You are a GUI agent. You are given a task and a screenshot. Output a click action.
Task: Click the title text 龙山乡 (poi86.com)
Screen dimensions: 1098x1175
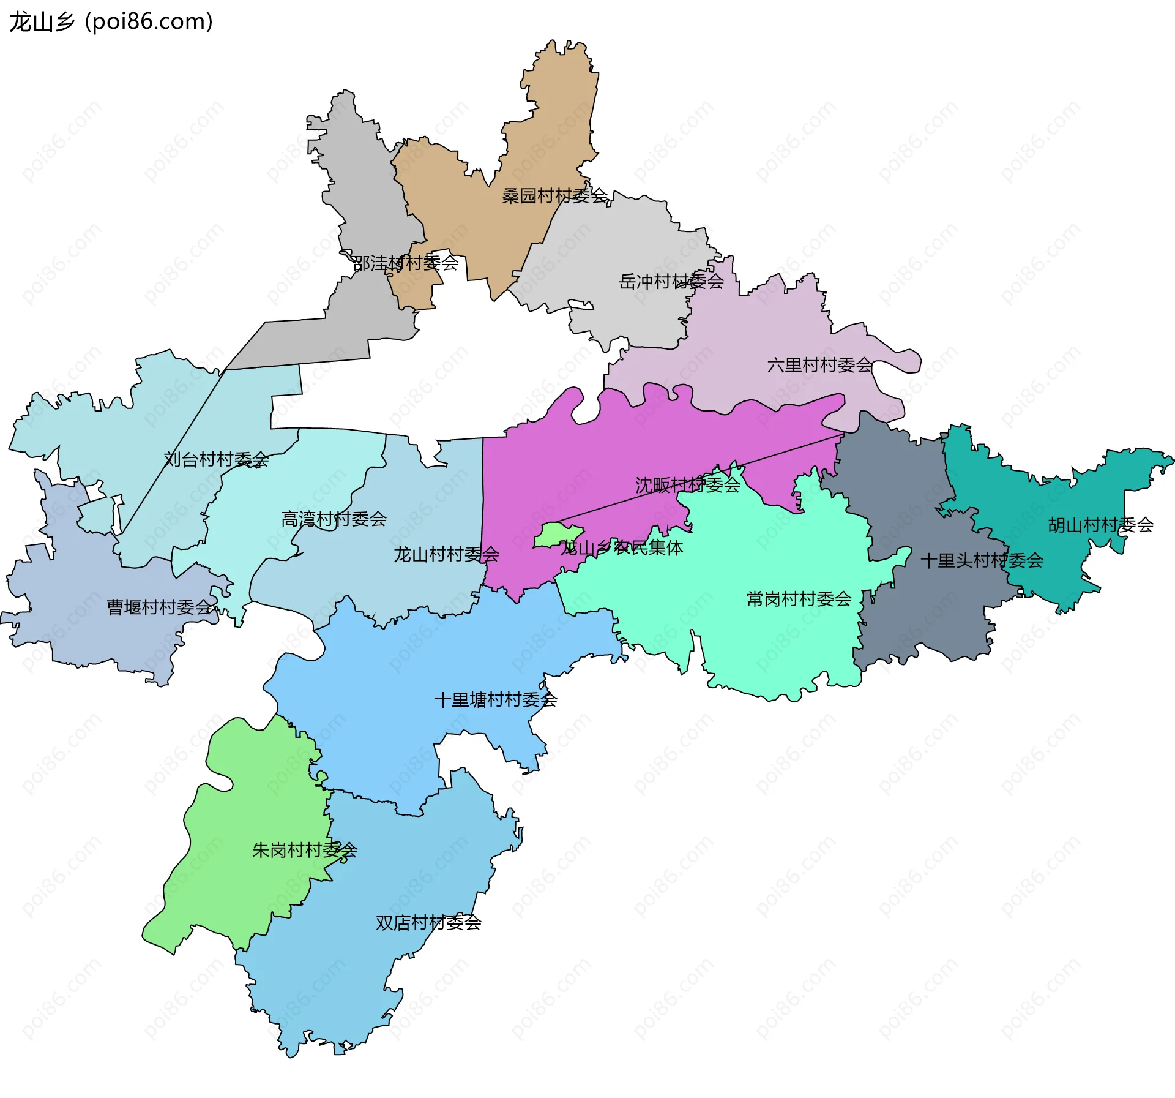(x=111, y=21)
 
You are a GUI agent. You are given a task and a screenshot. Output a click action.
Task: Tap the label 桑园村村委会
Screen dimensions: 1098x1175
(x=554, y=196)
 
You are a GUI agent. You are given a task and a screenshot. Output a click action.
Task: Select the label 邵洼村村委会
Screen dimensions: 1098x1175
(x=406, y=263)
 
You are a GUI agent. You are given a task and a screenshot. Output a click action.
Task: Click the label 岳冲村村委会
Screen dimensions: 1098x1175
(x=671, y=282)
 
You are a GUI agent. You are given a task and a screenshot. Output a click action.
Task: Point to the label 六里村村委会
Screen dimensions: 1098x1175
(x=819, y=366)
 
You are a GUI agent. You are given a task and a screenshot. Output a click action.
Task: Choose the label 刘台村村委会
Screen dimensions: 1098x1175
(x=216, y=459)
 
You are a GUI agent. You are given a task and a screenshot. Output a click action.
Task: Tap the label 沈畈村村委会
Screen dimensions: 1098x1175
(x=687, y=486)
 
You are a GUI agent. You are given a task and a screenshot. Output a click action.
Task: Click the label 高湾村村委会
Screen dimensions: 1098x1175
(x=334, y=519)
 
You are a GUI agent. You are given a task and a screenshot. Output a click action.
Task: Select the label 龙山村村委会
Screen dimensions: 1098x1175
(x=446, y=555)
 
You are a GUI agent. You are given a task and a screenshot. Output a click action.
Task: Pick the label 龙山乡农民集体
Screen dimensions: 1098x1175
(x=621, y=547)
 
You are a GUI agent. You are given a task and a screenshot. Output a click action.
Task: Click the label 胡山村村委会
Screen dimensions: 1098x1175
(x=1100, y=525)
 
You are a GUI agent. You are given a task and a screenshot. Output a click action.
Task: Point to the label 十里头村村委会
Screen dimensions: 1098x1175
(x=982, y=560)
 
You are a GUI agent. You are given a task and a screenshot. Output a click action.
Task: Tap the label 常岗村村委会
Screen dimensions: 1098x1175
(x=799, y=599)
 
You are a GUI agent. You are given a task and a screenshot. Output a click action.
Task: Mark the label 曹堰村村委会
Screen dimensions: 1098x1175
(x=160, y=607)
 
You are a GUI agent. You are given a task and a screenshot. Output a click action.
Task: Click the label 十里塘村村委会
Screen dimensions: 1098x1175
(x=495, y=700)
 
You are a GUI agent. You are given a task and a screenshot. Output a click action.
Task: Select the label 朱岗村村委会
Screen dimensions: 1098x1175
(x=304, y=850)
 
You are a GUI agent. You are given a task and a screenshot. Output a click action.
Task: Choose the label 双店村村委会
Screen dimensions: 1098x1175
(x=428, y=922)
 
